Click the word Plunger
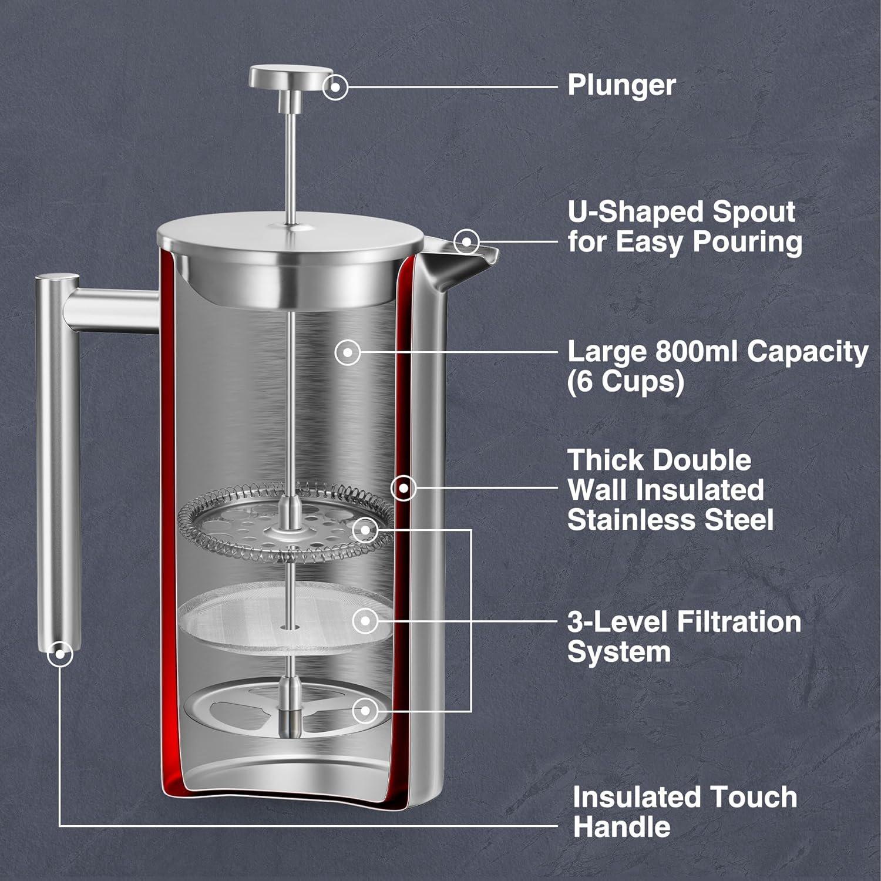[x=621, y=85]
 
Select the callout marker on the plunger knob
[x=335, y=88]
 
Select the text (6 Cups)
[x=626, y=382]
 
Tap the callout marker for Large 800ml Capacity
[x=348, y=353]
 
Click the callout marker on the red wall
[x=403, y=487]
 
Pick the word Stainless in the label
[x=636, y=520]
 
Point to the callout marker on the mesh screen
[x=365, y=620]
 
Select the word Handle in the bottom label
[x=621, y=827]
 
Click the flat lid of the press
[x=290, y=232]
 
